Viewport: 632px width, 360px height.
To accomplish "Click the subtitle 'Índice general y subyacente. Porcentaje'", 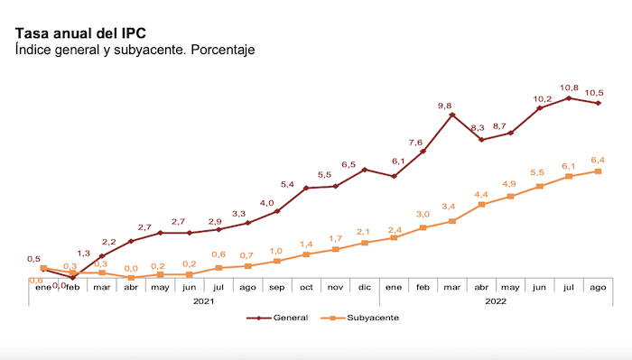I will (135, 50).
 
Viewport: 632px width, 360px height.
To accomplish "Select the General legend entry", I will (283, 318).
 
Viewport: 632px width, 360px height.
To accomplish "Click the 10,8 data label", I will (568, 88).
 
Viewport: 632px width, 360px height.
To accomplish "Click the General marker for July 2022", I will (569, 97).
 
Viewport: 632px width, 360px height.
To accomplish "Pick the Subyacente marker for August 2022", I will (598, 171).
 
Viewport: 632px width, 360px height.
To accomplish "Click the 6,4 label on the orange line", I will (597, 160).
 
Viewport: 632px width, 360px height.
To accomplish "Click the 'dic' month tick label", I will (365, 287).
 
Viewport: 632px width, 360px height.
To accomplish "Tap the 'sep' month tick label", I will (277, 287).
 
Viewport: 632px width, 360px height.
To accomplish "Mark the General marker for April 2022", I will (481, 140).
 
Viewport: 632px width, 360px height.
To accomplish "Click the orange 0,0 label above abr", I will (131, 268).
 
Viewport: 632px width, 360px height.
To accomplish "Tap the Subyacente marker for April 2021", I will (131, 278).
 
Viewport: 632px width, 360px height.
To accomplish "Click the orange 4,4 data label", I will (481, 195).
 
